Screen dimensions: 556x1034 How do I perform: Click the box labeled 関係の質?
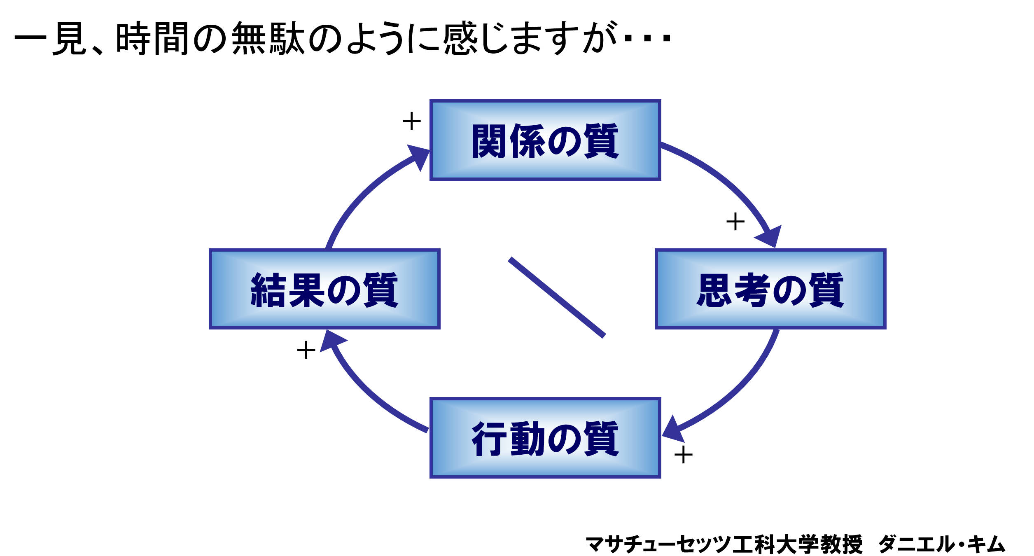(545, 140)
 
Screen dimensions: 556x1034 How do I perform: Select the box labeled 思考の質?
(770, 289)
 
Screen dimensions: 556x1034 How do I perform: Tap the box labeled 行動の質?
(545, 438)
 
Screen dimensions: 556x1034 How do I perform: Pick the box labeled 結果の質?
(324, 289)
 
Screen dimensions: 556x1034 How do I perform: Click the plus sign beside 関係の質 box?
(411, 121)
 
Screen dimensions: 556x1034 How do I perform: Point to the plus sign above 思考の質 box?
(735, 222)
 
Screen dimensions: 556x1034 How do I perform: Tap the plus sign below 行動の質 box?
(683, 455)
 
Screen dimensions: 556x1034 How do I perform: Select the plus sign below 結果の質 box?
(306, 350)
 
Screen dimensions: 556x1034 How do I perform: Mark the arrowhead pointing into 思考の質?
(770, 236)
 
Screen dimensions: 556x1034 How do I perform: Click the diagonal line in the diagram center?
(557, 297)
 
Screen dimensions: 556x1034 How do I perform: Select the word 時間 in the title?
(152, 38)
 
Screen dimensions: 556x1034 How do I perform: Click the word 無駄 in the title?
(268, 38)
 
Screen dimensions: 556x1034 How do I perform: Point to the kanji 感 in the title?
(460, 38)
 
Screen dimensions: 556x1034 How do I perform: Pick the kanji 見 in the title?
(69, 38)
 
